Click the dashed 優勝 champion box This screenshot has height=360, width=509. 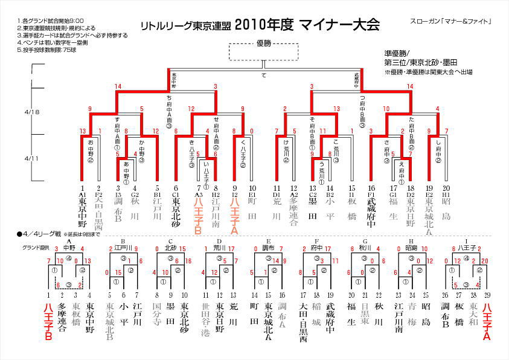263,51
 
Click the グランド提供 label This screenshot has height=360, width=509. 34,248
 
